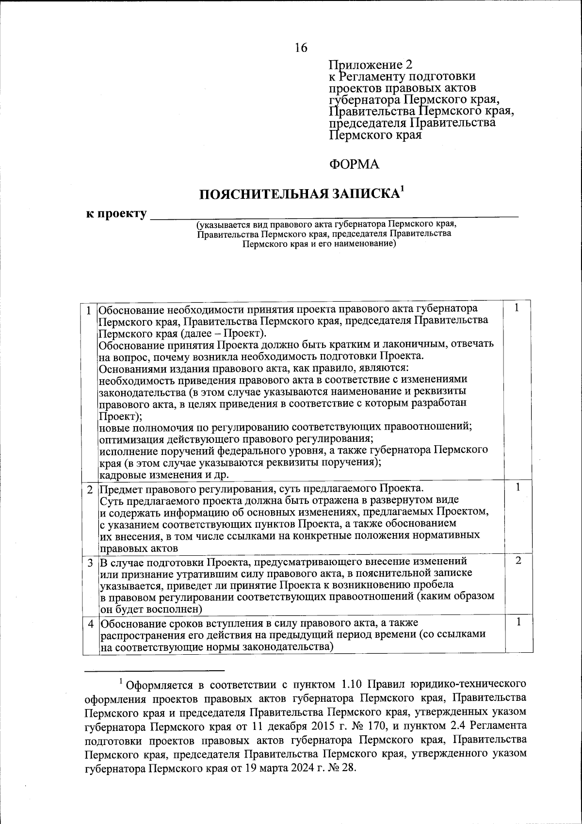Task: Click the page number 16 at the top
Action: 301,48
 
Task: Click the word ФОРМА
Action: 354,164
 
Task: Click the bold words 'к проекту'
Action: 116,213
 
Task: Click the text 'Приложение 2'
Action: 370,65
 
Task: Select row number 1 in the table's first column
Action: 89,309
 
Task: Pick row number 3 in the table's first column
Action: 89,563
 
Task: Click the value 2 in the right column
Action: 518,561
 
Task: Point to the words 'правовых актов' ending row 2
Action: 138,549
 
